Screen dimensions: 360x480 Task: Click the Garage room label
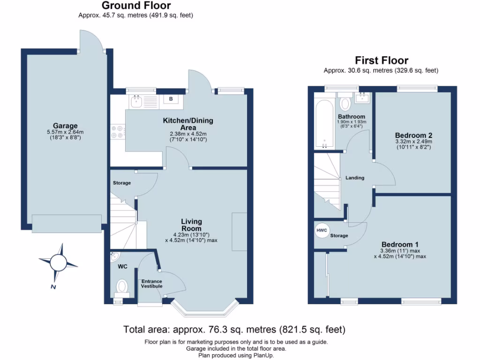pyautogui.click(x=65, y=126)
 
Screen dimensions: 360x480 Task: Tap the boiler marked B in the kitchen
pyautogui.click(x=171, y=99)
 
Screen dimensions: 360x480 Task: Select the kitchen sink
pyautogui.click(x=137, y=101)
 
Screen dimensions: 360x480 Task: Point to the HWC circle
pyautogui.click(x=322, y=231)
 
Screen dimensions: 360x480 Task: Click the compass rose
pyautogui.click(x=58, y=262)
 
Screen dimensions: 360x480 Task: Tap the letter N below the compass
pyautogui.click(x=53, y=287)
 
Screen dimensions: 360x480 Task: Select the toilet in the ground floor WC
pyautogui.click(x=122, y=287)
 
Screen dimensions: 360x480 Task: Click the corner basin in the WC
pyautogui.click(x=114, y=257)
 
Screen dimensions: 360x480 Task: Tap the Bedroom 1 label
pyautogui.click(x=400, y=244)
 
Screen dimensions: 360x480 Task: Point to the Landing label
pyautogui.click(x=355, y=178)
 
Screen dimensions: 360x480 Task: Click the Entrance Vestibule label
pyautogui.click(x=151, y=283)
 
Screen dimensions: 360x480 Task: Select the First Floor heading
pyautogui.click(x=381, y=60)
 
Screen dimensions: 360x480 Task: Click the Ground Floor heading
pyautogui.click(x=136, y=6)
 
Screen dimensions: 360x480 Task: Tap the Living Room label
pyautogui.click(x=191, y=225)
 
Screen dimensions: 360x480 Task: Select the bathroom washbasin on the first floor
pyautogui.click(x=362, y=98)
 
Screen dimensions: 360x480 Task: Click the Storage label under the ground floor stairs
pyautogui.click(x=121, y=183)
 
